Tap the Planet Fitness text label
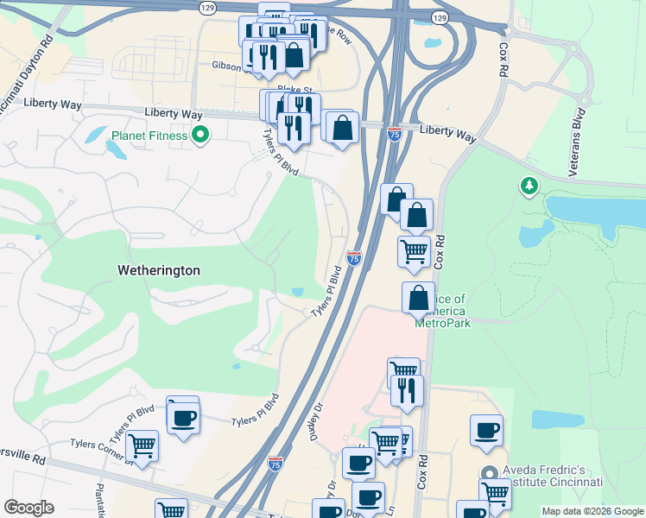pos(149,136)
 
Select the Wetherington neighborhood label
pos(159,270)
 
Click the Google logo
pos(28,508)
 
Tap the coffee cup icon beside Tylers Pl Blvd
pos(182,418)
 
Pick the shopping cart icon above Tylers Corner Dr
pos(142,445)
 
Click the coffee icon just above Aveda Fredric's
pos(486,430)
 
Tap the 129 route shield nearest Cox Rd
pos(440,17)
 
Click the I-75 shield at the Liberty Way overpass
pos(394,134)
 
